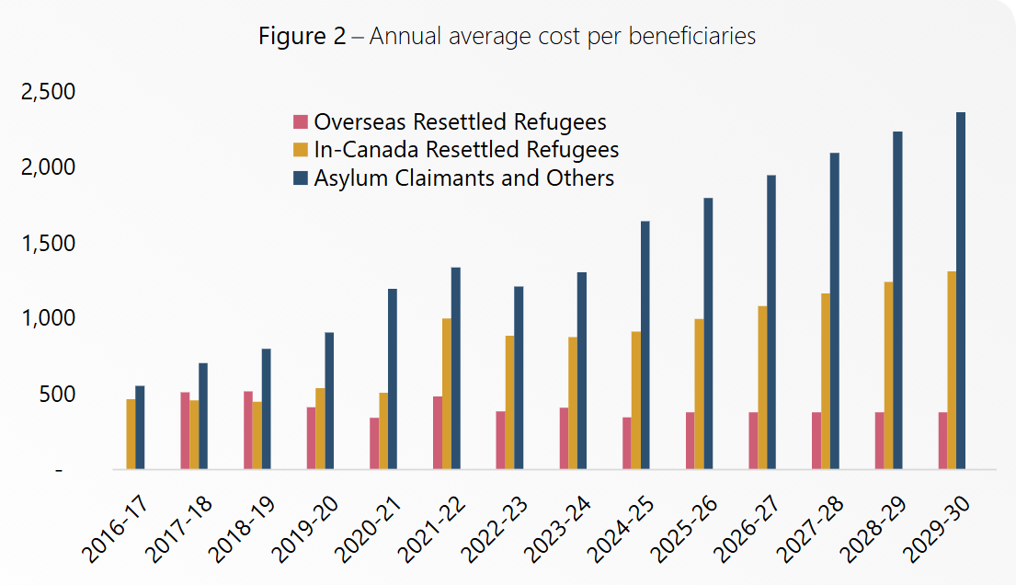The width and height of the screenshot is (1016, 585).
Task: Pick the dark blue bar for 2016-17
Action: coord(140,428)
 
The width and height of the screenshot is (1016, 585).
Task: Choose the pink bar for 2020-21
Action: coord(374,443)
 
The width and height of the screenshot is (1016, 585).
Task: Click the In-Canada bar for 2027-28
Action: coord(826,382)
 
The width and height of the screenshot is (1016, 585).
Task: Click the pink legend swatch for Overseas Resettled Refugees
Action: coord(301,122)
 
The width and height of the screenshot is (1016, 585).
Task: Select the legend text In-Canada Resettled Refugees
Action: coord(466,150)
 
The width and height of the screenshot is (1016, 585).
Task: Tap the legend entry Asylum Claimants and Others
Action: coord(463,178)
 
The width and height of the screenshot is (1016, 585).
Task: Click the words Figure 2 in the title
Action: coord(302,37)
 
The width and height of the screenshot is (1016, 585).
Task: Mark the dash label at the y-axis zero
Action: coord(60,470)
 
